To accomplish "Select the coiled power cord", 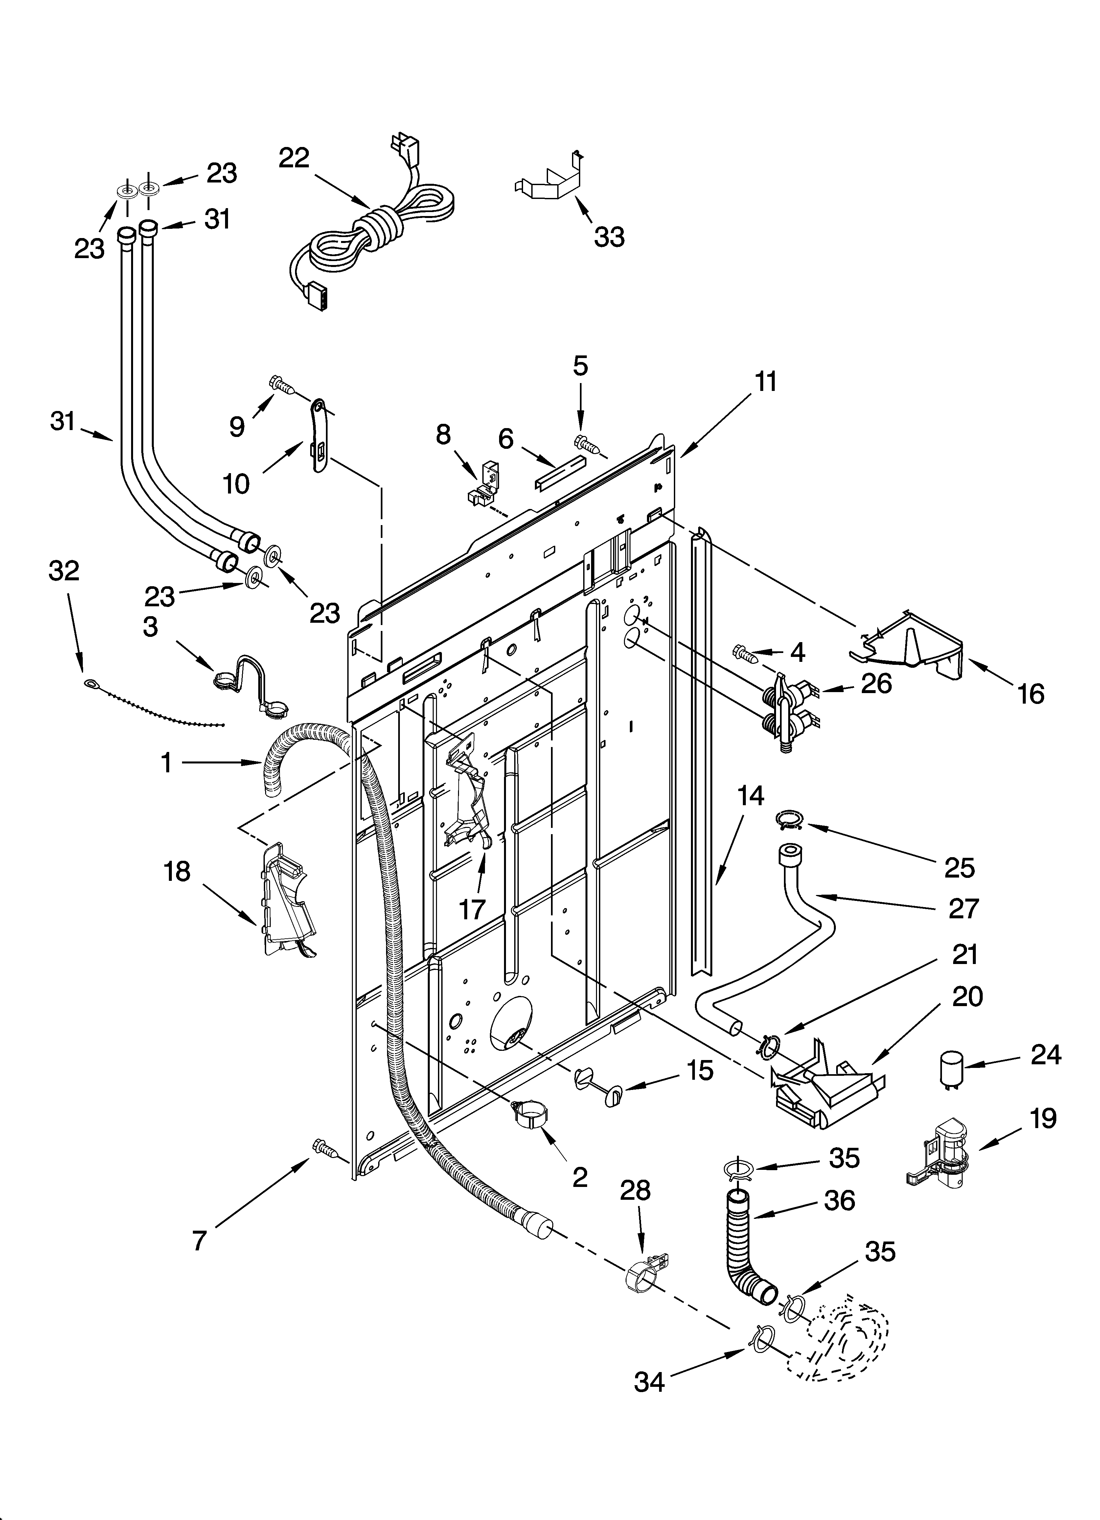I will coord(375,228).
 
